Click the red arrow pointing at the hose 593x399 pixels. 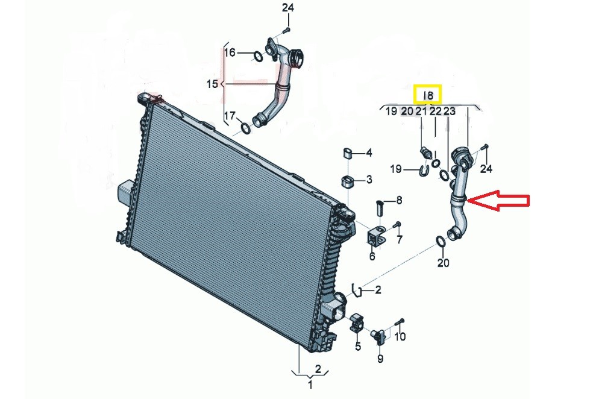tap(498, 201)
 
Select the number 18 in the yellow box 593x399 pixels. tap(428, 95)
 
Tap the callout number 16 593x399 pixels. tap(230, 52)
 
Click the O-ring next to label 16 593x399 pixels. tap(257, 57)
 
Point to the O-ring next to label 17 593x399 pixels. tap(246, 128)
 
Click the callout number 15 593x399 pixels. tap(213, 84)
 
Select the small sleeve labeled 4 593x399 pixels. tap(348, 153)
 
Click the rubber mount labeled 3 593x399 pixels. tap(348, 181)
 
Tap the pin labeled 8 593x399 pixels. tap(380, 207)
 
